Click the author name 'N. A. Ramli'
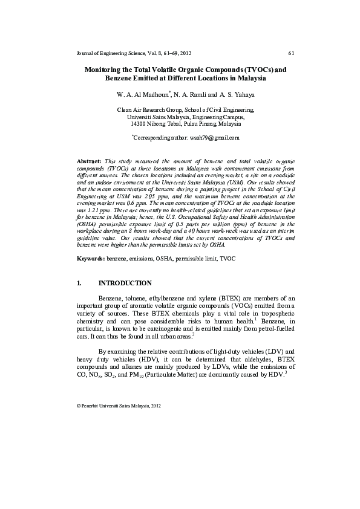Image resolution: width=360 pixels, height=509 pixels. pos(196,95)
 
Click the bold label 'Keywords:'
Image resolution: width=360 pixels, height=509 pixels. pos(92,258)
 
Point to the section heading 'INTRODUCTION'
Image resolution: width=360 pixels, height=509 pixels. pos(125,283)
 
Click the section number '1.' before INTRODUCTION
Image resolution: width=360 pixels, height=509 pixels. pos(79,283)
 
